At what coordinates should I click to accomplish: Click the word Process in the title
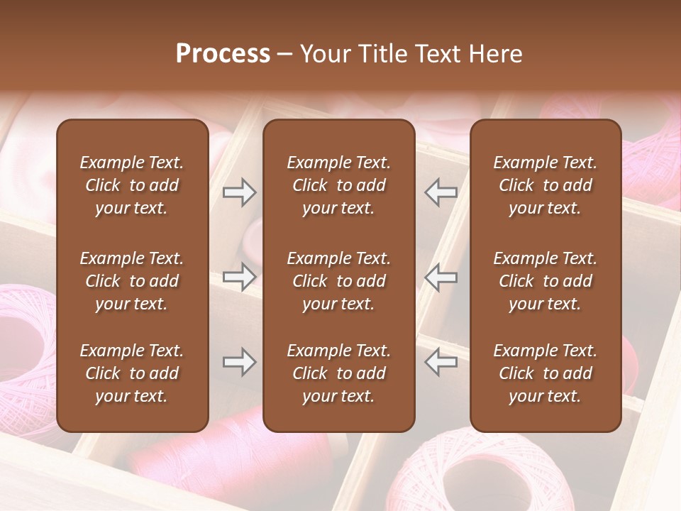[x=223, y=54]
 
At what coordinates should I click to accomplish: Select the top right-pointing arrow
[x=239, y=192]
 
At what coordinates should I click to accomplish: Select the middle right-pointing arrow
[x=239, y=277]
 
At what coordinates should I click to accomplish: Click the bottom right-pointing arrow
[x=239, y=362]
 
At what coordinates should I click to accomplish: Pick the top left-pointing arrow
[x=441, y=192]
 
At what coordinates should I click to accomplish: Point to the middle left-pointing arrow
[x=441, y=277]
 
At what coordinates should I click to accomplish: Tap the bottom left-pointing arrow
[x=441, y=362]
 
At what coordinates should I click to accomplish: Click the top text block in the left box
[x=132, y=185]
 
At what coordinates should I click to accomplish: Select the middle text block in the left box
[x=132, y=281]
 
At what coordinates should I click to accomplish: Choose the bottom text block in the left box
[x=132, y=373]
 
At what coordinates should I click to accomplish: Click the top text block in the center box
[x=339, y=185]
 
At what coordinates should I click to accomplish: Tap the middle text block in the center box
[x=339, y=281]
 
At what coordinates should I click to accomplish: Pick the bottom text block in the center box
[x=339, y=373]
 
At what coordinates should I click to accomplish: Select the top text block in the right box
[x=546, y=185]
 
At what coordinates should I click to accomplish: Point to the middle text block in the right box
[x=546, y=281]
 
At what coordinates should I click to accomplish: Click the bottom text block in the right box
[x=546, y=373]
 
